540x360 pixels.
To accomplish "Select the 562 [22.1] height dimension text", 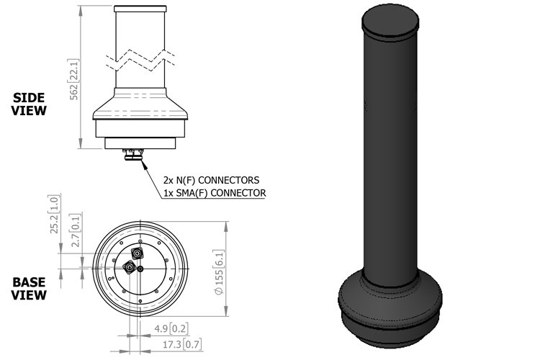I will (74, 78).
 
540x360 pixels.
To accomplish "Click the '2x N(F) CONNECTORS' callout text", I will (211, 179).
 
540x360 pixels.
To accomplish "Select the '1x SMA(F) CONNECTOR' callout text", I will (215, 192).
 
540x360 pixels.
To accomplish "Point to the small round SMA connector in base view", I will (142, 269).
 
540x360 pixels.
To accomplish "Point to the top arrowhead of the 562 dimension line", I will (80, 8).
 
